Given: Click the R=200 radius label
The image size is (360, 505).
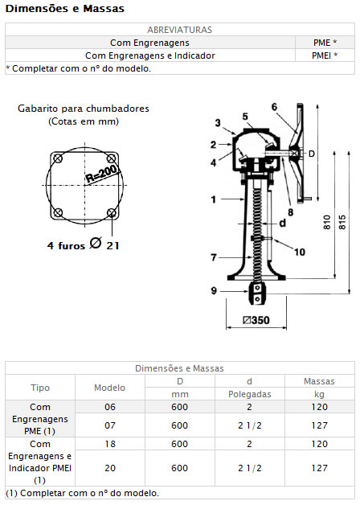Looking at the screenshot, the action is pos(102,174).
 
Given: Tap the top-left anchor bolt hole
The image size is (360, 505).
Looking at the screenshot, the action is pos(58,158).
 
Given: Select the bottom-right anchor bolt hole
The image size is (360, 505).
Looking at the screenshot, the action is pos(112,212).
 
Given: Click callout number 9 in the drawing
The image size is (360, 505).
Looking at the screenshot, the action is pos(214,291).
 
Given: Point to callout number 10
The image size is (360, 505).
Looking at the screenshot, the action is pos(300,252).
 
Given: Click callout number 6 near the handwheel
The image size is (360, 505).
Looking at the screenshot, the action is pos(274,107).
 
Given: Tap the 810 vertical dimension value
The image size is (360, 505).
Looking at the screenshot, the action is pos(327,222).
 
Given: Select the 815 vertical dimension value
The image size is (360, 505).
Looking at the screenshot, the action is pos(342,222).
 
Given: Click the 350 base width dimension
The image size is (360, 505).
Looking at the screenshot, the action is pos(256,320).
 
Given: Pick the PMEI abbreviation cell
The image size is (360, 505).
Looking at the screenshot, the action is pos(325,55).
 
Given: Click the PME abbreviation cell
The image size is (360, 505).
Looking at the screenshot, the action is pos(325,43).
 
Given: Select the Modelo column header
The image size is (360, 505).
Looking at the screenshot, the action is pos(110,388).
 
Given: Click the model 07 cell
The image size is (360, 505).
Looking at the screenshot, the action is pos(110,425).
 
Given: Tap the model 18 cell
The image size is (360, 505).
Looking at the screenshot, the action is pos(110,444).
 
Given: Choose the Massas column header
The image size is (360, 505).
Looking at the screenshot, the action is pos(320,381).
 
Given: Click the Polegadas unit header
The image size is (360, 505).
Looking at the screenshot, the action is pos(250,394).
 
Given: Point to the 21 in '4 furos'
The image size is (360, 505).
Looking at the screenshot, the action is pos(113,246).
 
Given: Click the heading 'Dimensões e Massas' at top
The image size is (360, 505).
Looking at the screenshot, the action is pos(64,8).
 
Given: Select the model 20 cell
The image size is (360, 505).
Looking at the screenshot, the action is pos(110,468).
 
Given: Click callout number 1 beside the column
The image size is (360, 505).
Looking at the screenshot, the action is pos(213,199).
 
